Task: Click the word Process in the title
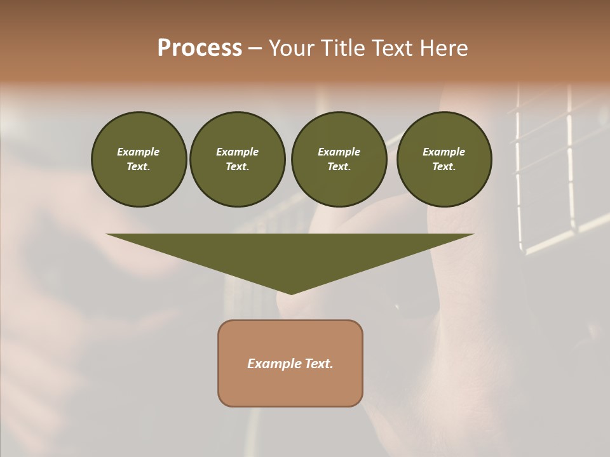(x=200, y=48)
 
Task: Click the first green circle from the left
(x=139, y=159)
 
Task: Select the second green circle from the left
(x=237, y=159)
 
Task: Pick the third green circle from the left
(x=339, y=159)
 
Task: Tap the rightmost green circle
(x=444, y=159)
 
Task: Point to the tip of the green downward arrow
(x=291, y=293)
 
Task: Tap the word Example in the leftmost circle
(x=139, y=152)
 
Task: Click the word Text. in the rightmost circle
(x=444, y=167)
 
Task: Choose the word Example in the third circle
(x=339, y=152)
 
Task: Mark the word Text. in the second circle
(x=237, y=167)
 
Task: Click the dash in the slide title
(x=255, y=48)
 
